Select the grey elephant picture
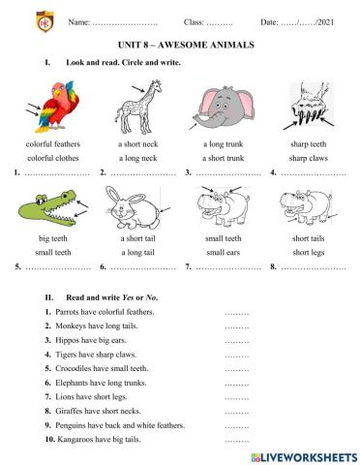coord(221,105)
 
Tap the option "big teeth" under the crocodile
coord(54,237)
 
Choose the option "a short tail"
coord(137,237)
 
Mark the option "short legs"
coord(308,251)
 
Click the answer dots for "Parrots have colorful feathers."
coord(236,313)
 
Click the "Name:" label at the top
coord(81,20)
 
